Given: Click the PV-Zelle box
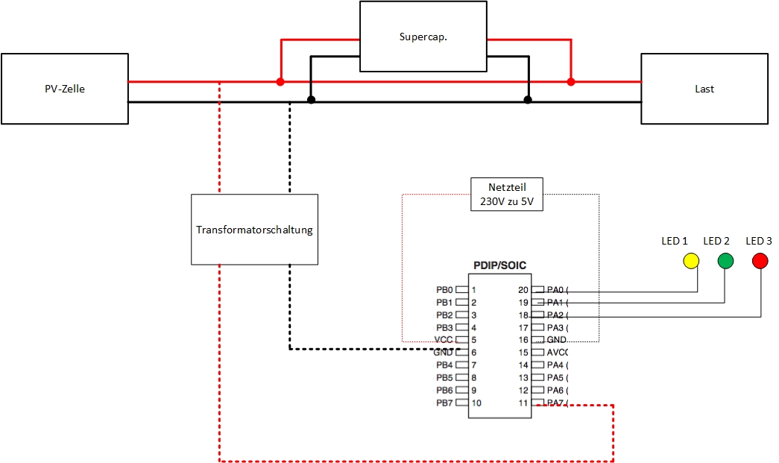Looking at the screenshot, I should click(64, 89).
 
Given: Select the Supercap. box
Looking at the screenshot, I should click(423, 36).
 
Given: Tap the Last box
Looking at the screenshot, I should click(704, 89).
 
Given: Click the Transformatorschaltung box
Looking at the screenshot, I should click(254, 230).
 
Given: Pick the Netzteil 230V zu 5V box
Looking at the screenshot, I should click(507, 195).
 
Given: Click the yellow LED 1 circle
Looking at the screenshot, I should click(691, 260).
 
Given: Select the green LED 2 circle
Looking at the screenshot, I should click(725, 260).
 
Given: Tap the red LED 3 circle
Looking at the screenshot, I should click(760, 260).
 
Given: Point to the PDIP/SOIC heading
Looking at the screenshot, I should click(499, 265).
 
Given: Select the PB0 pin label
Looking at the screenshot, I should click(444, 290).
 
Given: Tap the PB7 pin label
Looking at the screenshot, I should click(444, 403).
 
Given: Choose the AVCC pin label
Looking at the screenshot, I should click(558, 353).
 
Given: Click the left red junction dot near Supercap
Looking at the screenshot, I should click(280, 81).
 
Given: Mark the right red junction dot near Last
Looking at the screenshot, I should click(571, 81).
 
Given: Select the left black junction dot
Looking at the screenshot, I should click(311, 99).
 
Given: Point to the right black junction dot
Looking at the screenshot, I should click(528, 99).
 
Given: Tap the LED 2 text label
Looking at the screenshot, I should click(716, 241).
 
